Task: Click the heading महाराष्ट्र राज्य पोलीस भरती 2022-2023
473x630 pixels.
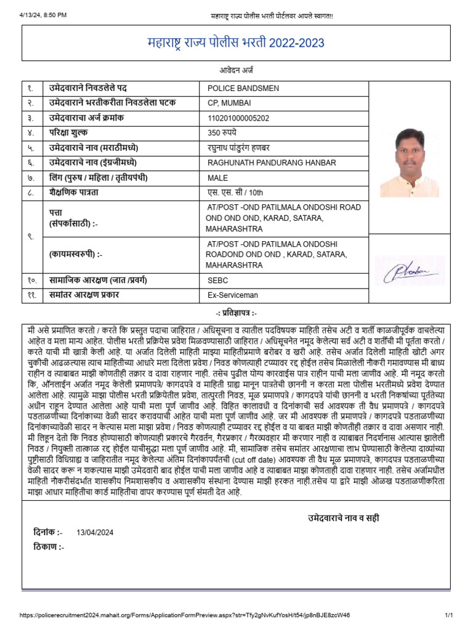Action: click(236, 44)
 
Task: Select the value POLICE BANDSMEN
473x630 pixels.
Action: click(243, 88)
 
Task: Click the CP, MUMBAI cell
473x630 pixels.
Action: click(229, 103)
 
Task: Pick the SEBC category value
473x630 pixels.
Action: click(217, 280)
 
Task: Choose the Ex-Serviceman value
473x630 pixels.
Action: click(233, 295)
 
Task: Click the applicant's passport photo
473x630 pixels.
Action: click(410, 162)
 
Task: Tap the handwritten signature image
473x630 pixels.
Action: click(410, 271)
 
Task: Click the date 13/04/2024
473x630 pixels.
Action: click(95, 533)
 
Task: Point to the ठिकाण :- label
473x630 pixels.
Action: click(49, 547)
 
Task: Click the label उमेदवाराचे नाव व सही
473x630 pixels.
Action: click(344, 519)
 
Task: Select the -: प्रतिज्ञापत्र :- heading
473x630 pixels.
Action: click(236, 313)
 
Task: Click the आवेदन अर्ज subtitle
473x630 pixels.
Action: click(236, 71)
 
